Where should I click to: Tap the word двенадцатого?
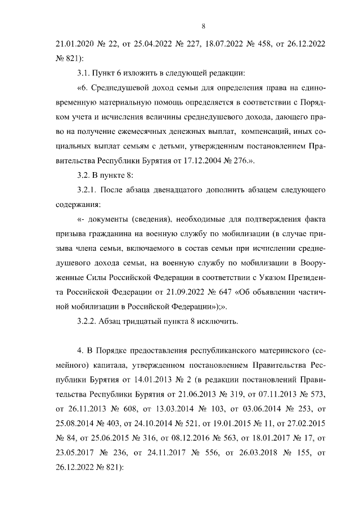[x=187, y=191]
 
